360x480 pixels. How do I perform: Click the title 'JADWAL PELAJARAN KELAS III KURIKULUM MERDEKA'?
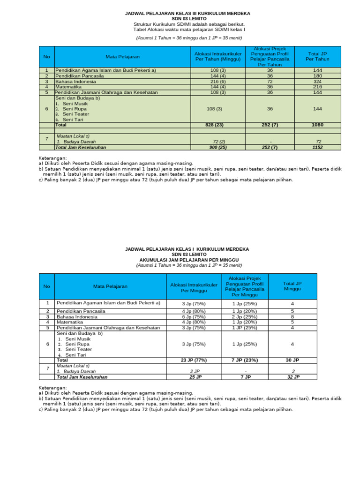tap(188, 13)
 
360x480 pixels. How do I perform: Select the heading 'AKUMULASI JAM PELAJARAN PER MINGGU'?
tap(189, 259)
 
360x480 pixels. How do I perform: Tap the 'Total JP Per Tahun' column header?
tap(317, 57)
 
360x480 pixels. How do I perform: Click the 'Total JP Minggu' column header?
tap(292, 286)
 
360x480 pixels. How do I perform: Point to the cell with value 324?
tap(317, 81)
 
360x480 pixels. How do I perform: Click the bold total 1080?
tap(317, 125)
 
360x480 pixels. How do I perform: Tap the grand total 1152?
tap(317, 147)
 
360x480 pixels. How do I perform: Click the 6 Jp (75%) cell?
tap(194, 317)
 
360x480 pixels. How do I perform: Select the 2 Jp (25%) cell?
tap(244, 317)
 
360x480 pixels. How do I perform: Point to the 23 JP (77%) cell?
tap(194, 360)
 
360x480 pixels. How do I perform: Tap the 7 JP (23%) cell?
tap(244, 360)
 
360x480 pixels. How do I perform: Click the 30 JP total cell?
tap(292, 360)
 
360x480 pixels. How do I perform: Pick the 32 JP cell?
tap(292, 377)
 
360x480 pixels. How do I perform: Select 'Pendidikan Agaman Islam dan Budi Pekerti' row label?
tap(108, 303)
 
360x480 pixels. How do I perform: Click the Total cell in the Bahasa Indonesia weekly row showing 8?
tap(292, 317)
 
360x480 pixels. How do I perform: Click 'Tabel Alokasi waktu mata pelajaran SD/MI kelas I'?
tap(188, 30)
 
